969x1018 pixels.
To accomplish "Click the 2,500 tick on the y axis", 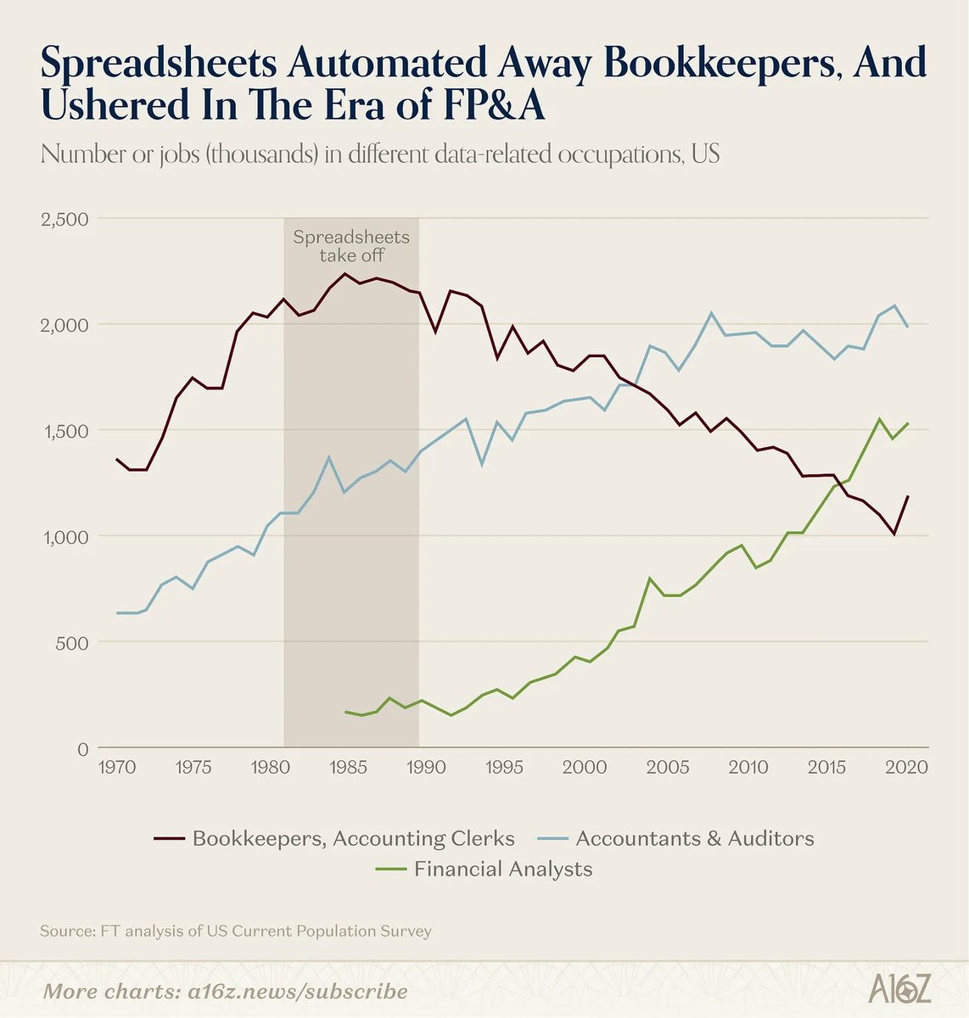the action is (64, 219).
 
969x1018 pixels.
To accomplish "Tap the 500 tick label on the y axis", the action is (72, 643).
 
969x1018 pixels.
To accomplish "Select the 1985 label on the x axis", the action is (348, 767).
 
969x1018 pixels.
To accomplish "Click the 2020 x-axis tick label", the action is (907, 767).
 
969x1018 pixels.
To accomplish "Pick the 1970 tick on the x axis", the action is (117, 767).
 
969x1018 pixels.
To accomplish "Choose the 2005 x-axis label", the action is (668, 767).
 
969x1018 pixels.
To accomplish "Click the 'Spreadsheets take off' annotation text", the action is (351, 246).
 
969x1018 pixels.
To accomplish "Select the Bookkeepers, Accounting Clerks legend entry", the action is (334, 838).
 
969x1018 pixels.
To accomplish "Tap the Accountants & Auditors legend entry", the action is (675, 838).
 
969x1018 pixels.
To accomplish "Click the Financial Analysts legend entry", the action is (484, 869).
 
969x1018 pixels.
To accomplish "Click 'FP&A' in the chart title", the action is (494, 104).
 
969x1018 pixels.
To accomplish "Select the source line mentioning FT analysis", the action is (236, 931).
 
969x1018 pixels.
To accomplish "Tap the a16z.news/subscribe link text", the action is (298, 992).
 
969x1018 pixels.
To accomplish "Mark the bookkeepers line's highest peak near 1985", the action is (345, 273).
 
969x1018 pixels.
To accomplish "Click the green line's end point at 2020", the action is (907, 423).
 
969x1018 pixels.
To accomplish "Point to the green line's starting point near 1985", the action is (345, 712).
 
